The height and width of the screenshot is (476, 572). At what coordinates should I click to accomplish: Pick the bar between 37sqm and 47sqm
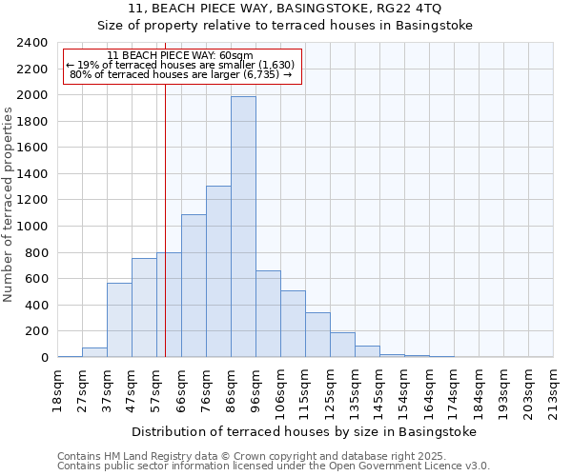point(119,320)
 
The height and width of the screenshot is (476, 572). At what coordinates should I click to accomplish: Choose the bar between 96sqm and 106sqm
point(268,314)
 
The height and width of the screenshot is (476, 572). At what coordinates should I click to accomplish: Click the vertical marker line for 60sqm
point(165,219)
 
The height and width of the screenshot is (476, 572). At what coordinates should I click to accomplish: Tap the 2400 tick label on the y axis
point(32,43)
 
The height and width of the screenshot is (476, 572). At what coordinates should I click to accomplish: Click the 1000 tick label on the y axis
point(32,227)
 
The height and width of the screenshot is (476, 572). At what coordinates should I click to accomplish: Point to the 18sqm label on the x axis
point(57,390)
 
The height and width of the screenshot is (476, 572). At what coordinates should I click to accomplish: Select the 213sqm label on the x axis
point(553,390)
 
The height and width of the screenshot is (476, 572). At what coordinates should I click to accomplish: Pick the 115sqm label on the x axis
point(305,390)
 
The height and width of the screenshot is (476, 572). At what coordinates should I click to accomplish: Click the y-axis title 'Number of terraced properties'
point(9,205)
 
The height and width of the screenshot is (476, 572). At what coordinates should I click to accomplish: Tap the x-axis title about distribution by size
point(303,431)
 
